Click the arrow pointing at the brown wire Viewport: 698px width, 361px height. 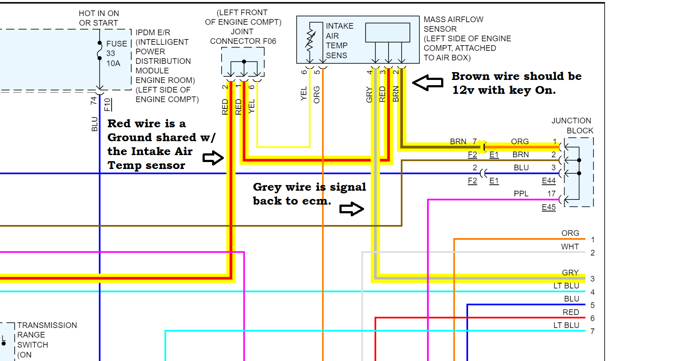(428, 83)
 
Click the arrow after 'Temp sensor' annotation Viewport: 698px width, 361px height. (213, 158)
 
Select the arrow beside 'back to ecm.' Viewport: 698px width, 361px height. (351, 209)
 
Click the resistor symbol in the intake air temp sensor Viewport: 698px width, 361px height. (310, 40)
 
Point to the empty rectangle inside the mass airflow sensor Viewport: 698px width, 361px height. (388, 33)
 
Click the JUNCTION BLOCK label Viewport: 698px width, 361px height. (572, 126)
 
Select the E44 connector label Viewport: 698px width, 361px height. (548, 181)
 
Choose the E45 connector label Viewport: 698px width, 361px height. (548, 207)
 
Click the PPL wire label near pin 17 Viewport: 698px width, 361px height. (521, 194)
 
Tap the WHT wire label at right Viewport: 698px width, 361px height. (570, 247)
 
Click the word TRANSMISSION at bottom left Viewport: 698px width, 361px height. (47, 325)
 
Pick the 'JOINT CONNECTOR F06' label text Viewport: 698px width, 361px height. (243, 36)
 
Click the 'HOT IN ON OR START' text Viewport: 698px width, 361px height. (99, 18)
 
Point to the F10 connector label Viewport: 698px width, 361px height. (107, 105)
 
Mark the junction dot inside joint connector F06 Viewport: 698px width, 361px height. (244, 62)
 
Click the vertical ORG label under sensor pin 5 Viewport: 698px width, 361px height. (317, 95)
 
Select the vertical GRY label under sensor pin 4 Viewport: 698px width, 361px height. (369, 95)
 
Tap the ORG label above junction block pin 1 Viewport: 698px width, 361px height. (520, 142)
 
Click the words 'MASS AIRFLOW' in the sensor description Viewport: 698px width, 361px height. (453, 20)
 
